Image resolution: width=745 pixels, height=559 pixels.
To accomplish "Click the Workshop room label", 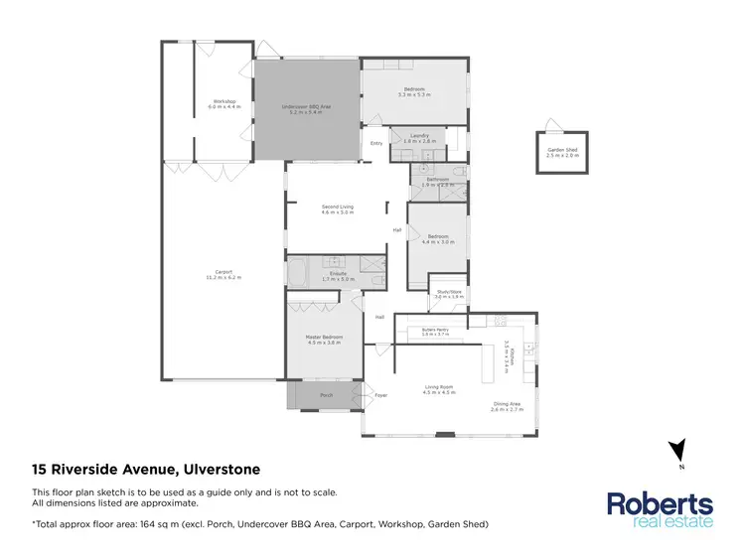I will [223, 102].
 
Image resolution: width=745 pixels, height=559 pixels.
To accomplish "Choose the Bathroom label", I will [438, 182].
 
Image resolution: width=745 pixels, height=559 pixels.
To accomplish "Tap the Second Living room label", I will [338, 209].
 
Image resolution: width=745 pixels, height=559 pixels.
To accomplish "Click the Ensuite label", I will [338, 277].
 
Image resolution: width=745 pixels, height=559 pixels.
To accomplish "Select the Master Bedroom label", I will [324, 340].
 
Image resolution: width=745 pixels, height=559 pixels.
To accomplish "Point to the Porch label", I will [326, 395].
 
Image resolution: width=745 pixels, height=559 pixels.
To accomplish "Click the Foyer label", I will [379, 395].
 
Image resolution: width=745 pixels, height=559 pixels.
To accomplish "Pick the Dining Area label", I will [506, 404].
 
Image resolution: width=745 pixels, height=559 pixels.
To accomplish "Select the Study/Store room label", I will [450, 294].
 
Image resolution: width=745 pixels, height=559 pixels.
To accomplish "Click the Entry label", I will [376, 143].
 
